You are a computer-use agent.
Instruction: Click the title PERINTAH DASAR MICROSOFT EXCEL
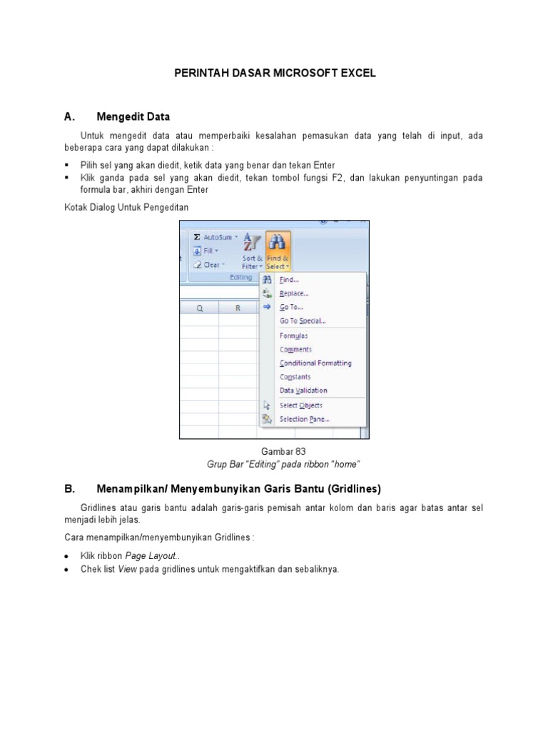point(275,73)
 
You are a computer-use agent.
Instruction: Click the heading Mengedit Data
point(133,116)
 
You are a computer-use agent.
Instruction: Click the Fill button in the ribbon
point(208,251)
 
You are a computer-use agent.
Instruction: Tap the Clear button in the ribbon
point(209,265)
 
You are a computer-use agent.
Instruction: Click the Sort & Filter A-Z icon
point(252,242)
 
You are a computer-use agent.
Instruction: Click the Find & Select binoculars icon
point(277,242)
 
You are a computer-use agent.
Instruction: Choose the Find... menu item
point(289,281)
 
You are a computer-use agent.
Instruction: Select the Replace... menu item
point(293,293)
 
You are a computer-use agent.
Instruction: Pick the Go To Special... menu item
point(303,321)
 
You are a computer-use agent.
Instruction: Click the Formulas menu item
point(293,336)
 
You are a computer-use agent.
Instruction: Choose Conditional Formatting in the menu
point(315,363)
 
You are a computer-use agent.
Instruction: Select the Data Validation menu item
point(303,390)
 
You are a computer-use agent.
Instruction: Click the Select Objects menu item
point(300,405)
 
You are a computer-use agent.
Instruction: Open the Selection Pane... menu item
point(304,420)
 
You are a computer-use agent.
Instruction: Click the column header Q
point(199,308)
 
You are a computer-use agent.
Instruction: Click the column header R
point(238,308)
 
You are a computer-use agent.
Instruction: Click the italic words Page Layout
point(149,555)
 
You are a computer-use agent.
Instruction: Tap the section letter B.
point(69,489)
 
